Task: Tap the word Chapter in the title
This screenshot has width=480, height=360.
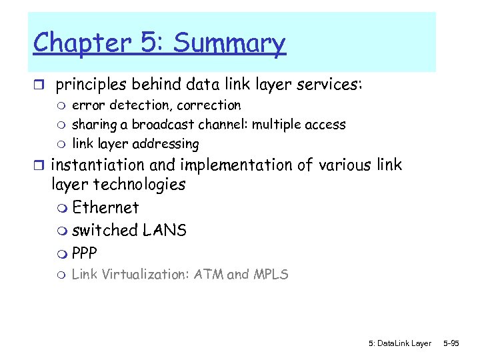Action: pos(83,43)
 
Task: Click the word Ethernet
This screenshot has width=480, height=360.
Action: pos(105,207)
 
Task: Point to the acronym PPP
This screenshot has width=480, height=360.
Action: pos(84,253)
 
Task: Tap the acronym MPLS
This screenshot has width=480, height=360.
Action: pos(270,274)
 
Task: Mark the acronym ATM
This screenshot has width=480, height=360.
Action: pos(208,274)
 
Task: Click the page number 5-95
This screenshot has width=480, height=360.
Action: pos(451,343)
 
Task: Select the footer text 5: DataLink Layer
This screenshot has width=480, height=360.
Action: pos(399,343)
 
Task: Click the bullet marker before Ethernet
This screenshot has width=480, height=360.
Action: pos(63,209)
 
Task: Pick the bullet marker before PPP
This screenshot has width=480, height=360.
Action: pos(63,254)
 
